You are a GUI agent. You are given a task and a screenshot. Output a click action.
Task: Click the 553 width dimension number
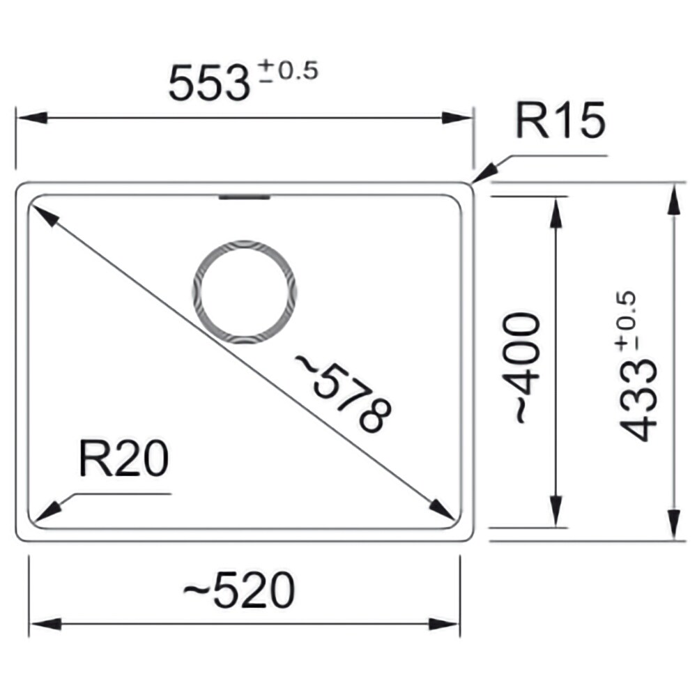click(209, 83)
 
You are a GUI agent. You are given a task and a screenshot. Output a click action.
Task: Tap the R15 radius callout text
click(560, 120)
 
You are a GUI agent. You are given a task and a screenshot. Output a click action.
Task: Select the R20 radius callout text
click(123, 459)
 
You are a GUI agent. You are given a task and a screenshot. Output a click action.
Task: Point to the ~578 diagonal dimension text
click(343, 393)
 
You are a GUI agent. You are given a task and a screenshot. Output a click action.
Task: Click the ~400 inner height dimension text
click(521, 367)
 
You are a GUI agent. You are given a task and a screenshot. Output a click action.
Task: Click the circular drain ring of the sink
click(245, 243)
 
